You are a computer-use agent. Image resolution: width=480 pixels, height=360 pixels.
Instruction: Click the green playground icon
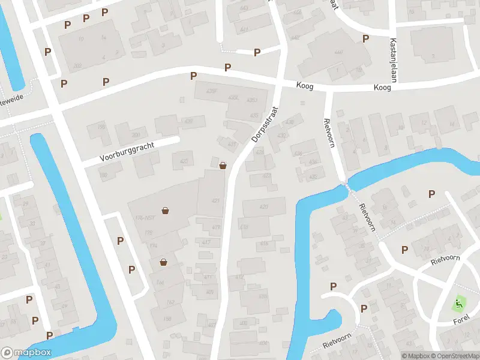[460, 304]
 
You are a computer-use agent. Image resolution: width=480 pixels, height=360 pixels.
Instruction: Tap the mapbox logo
[26, 353]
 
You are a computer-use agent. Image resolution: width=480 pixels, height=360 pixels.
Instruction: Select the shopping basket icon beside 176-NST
[166, 211]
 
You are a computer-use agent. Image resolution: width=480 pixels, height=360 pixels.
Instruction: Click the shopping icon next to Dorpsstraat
[223, 166]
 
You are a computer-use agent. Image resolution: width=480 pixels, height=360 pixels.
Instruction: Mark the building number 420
[263, 207]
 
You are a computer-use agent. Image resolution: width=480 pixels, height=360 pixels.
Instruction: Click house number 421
[215, 201]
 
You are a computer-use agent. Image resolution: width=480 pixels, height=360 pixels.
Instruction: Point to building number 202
[77, 65]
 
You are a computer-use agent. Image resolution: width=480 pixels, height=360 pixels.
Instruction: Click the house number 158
[167, 319]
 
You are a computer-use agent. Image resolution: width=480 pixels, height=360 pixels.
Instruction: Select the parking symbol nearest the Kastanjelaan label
[365, 38]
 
